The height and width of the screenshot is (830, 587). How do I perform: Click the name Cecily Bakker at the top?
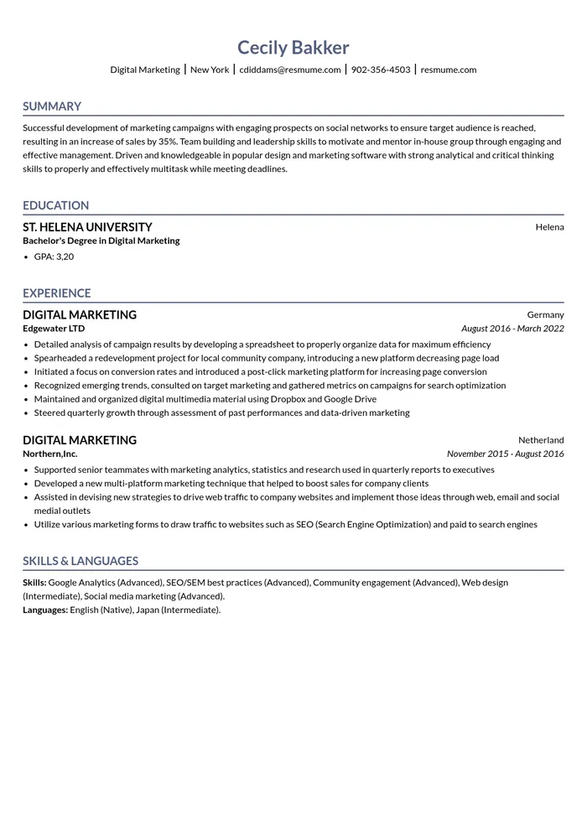tap(293, 48)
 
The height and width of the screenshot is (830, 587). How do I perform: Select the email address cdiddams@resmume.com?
tap(290, 70)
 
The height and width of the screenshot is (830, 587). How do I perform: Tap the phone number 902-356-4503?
tap(381, 70)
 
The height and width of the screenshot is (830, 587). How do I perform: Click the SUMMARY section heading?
tap(52, 106)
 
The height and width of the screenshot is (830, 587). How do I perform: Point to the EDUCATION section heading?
tap(55, 205)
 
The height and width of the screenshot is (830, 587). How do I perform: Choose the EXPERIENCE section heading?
tap(56, 293)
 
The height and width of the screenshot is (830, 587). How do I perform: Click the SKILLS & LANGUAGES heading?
tap(81, 561)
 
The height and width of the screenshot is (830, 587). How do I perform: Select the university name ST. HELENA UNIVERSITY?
tap(87, 227)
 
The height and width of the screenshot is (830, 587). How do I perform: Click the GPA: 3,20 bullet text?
tap(54, 257)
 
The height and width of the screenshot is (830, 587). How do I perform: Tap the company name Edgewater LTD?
tap(54, 329)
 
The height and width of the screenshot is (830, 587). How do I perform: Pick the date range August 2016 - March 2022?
tap(512, 329)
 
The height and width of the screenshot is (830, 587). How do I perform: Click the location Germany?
tap(545, 315)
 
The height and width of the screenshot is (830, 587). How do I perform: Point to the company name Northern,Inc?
tap(50, 454)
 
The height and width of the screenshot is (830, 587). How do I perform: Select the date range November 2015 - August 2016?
tap(505, 454)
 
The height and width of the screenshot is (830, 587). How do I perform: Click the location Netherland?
tap(541, 440)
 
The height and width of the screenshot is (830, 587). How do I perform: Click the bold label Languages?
tap(45, 610)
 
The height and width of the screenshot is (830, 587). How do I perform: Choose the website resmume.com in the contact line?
tap(448, 70)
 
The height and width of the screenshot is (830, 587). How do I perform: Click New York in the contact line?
tap(210, 70)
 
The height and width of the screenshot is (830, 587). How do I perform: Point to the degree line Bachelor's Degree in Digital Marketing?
tap(101, 241)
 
